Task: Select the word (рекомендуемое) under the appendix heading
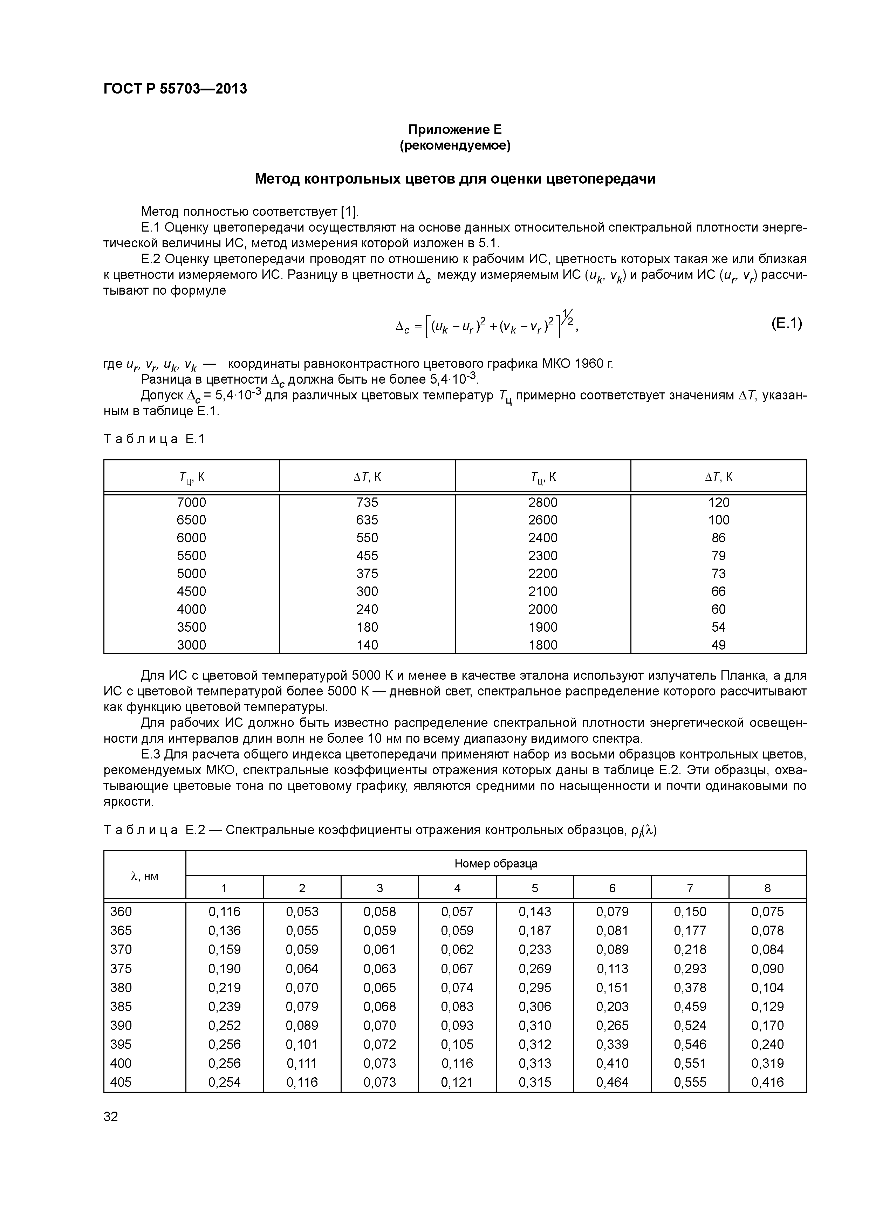coord(455,146)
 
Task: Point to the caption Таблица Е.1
coord(154,439)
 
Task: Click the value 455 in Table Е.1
coord(367,556)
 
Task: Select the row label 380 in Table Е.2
coord(121,988)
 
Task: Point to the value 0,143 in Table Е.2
coord(534,912)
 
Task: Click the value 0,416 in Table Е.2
coord(767,1082)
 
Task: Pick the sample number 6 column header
coord(612,888)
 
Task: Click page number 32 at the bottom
coord(111,1117)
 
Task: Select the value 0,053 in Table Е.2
coord(302,912)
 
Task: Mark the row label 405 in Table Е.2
coord(121,1082)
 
